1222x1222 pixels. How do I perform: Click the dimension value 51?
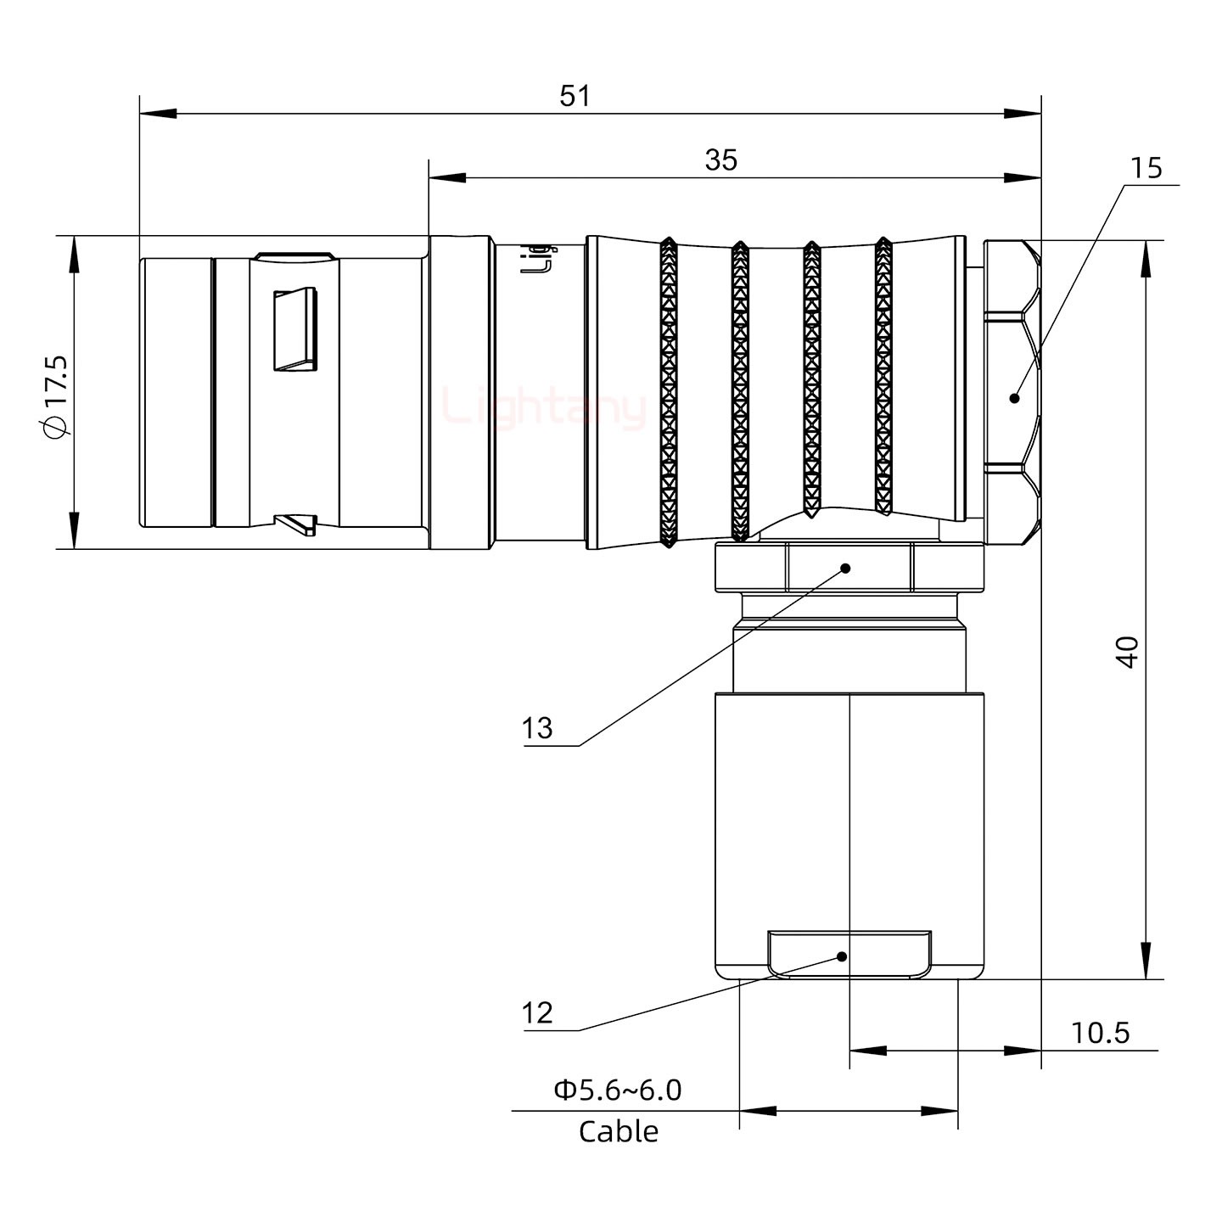click(575, 96)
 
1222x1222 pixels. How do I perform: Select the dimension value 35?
click(720, 160)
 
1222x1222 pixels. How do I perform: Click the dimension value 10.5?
click(1100, 1033)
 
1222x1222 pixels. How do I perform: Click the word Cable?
click(618, 1131)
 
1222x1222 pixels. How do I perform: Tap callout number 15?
click(1146, 168)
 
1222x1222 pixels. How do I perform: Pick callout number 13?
click(536, 728)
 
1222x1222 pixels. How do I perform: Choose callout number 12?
click(536, 1012)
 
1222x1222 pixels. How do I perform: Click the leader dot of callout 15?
click(1014, 397)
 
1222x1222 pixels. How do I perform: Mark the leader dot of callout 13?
click(845, 568)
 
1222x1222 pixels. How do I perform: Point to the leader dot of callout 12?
click(842, 956)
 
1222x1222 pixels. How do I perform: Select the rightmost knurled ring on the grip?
click(883, 378)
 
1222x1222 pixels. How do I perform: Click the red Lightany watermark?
click(543, 408)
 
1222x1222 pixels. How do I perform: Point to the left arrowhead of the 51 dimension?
click(157, 113)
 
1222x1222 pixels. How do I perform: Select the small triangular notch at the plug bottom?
click(297, 524)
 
